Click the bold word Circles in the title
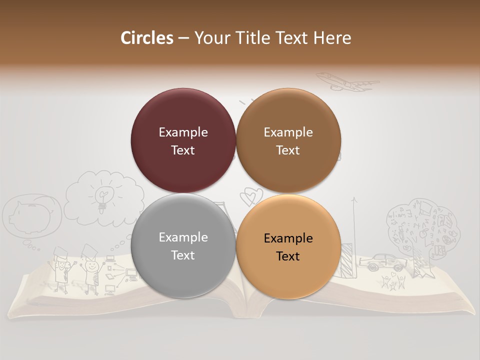coord(147,38)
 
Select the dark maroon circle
coord(183,140)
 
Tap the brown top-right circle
coord(288,140)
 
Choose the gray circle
coord(183,245)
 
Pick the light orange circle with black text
coord(288,245)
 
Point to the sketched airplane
coord(346,82)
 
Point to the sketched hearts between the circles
coord(249,196)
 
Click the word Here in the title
coord(332,38)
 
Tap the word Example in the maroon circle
coord(183,132)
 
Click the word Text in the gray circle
coord(183,255)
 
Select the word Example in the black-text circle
coord(288,238)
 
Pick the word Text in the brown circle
coord(288,150)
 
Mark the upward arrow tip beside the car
coord(354,199)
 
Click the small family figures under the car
coord(393,282)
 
